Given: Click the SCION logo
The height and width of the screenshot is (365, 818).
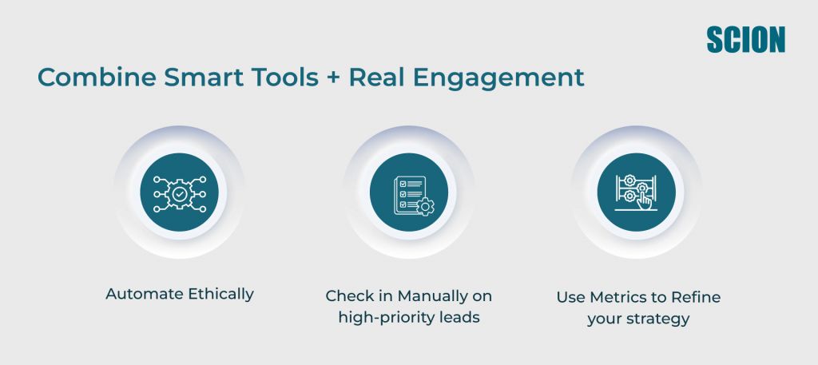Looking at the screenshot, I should click(x=746, y=39).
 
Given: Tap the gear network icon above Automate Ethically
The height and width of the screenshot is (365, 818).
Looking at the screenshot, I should click(x=180, y=192).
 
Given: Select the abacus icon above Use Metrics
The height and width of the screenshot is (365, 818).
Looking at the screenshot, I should click(x=637, y=192).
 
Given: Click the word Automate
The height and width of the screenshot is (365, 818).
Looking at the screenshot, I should click(x=145, y=294).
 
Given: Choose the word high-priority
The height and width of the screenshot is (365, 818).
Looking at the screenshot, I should click(x=389, y=317).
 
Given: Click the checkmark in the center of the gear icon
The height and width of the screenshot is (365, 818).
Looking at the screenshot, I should click(x=180, y=193).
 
